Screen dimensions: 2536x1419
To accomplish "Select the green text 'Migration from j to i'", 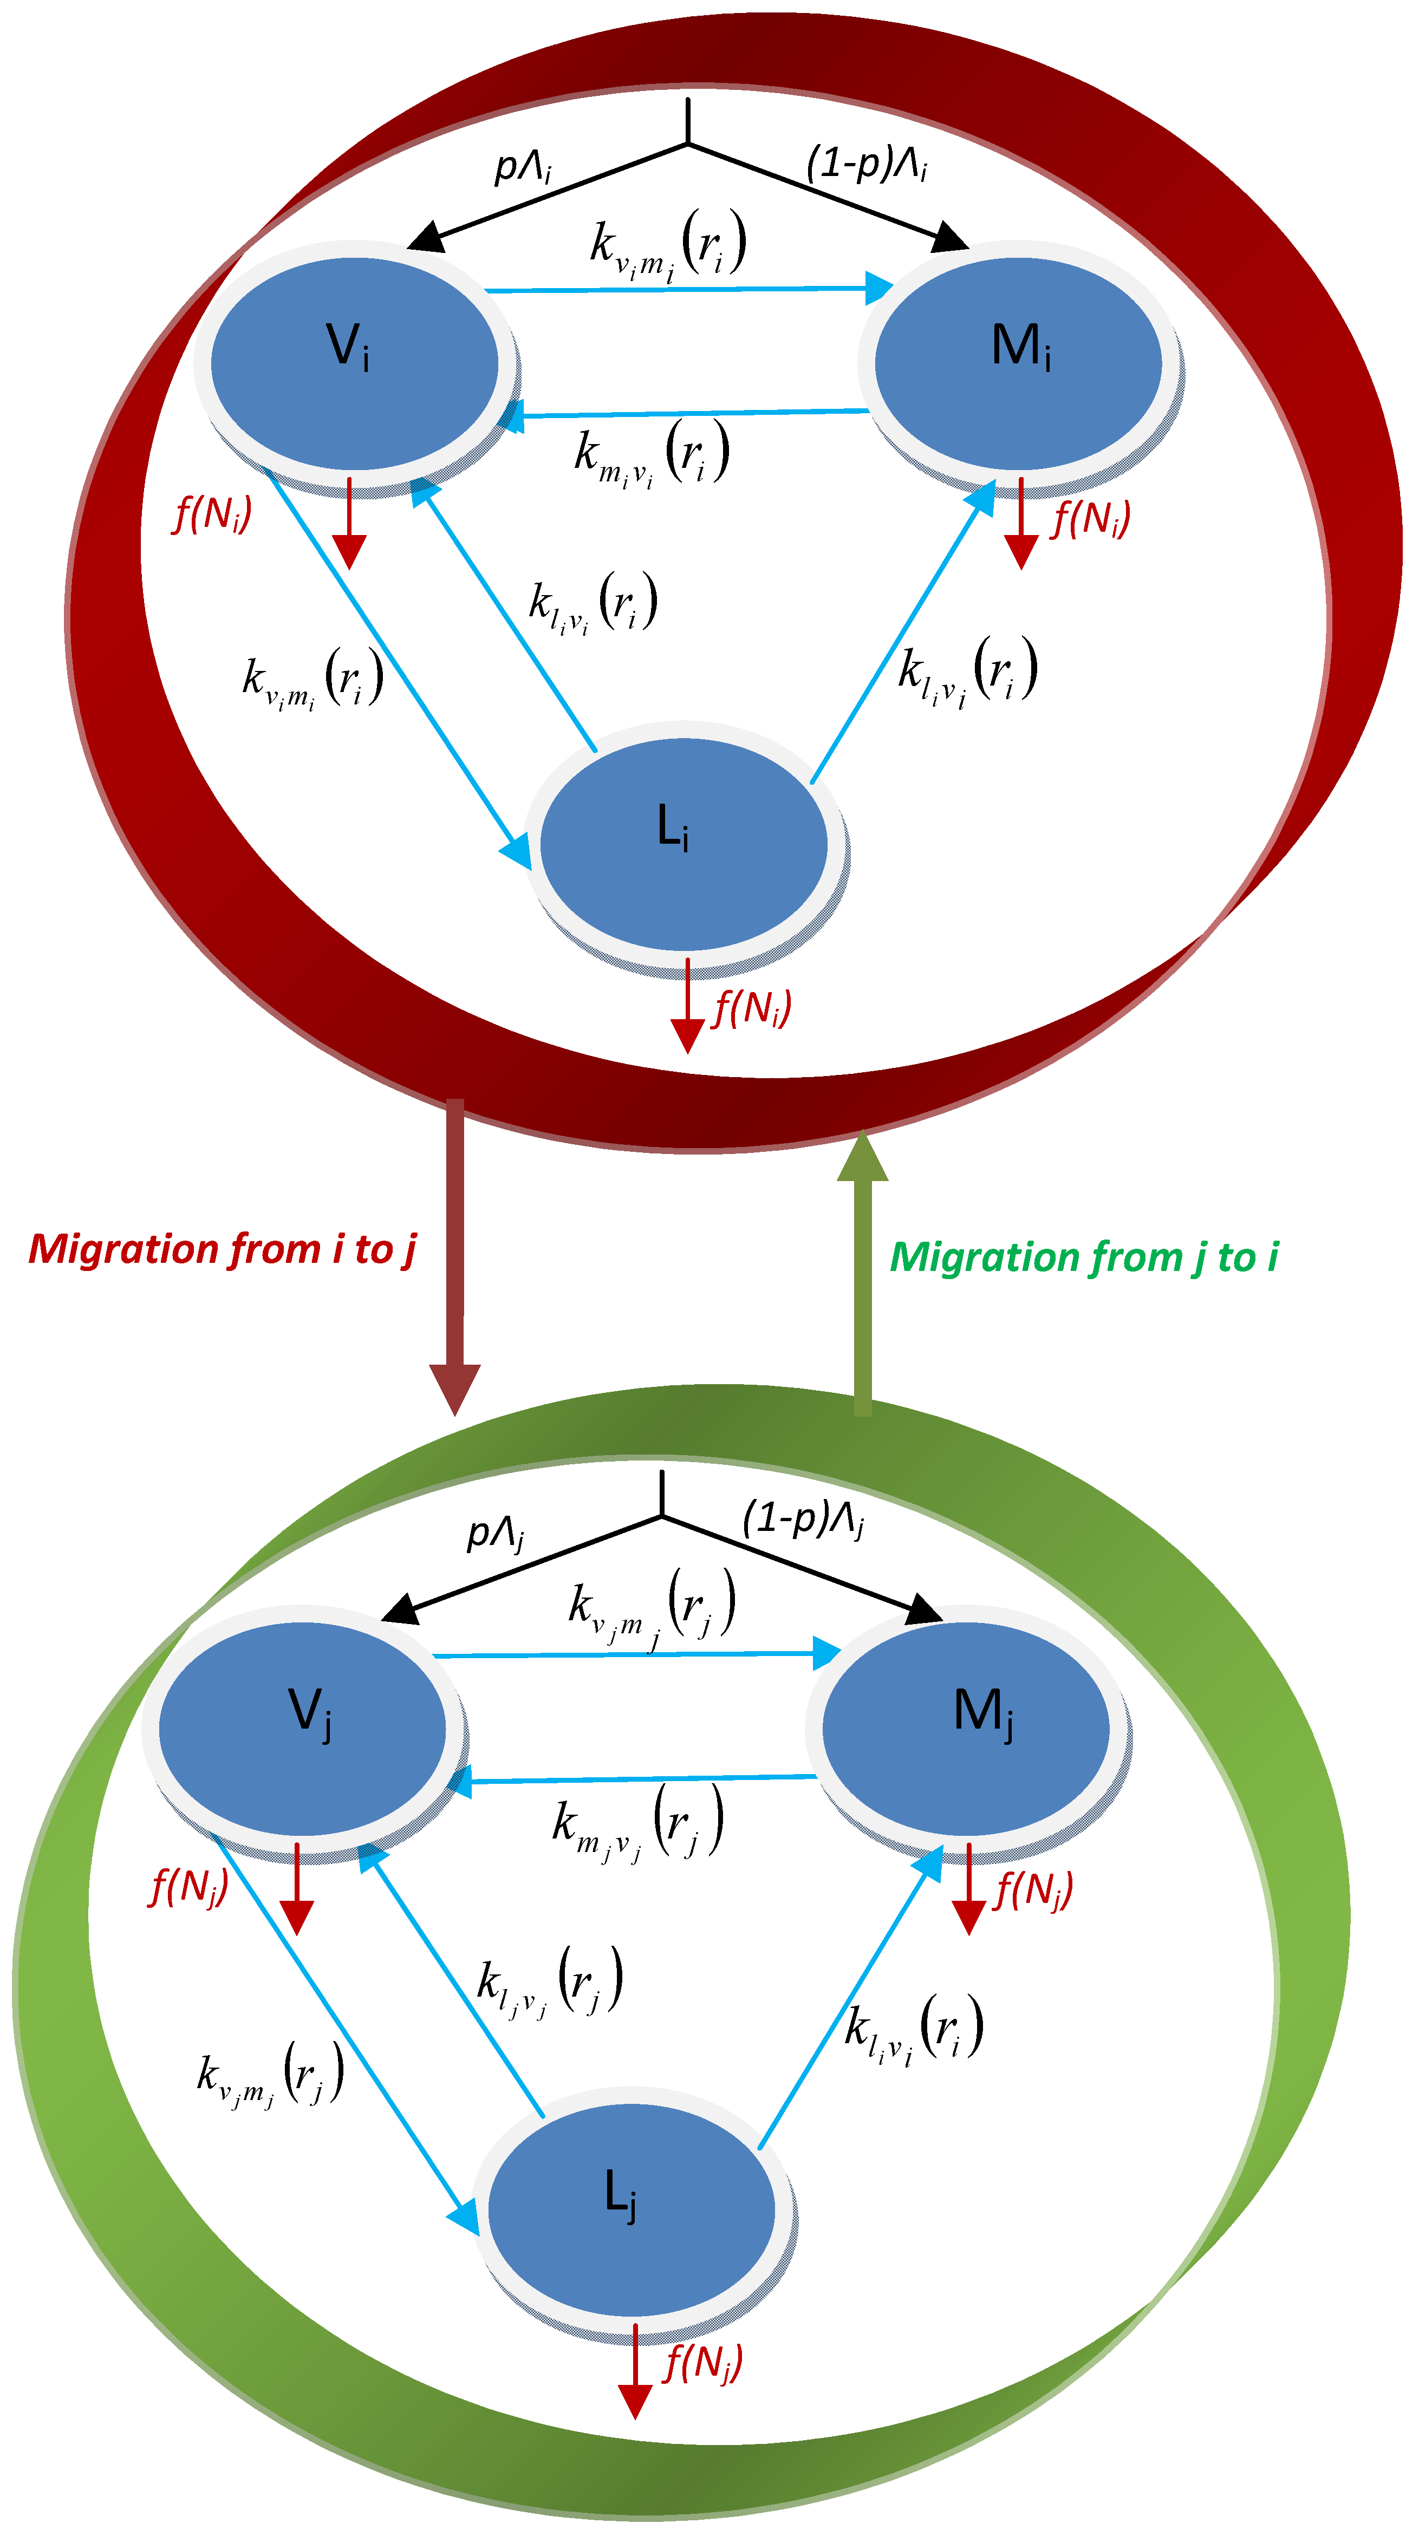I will pos(1083,1257).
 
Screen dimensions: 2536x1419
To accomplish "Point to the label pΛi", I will pos(522,167).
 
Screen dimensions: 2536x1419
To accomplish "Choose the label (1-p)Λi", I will pos(867,162).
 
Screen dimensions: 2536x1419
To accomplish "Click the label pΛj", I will pos(494,1533).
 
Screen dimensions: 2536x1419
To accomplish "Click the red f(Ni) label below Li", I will pos(751,1008).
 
